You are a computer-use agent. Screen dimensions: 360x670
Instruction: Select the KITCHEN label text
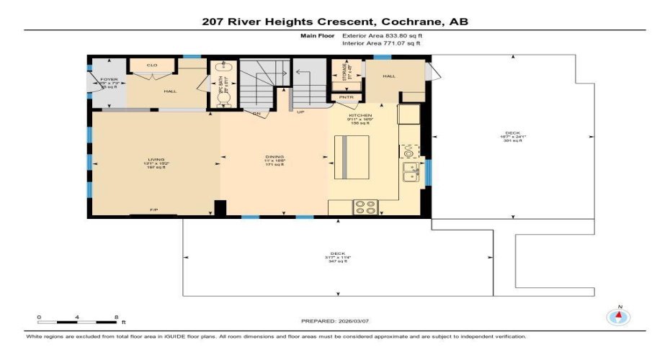coord(360,115)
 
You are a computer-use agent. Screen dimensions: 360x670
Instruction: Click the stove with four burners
coord(365,207)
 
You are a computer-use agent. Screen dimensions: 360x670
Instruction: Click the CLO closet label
coord(151,66)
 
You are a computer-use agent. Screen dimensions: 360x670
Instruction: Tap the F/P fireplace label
coord(153,210)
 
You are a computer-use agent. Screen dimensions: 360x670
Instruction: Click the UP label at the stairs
coord(300,113)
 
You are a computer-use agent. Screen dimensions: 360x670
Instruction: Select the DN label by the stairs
coord(256,113)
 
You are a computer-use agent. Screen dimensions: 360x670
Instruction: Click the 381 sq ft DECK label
coord(512,137)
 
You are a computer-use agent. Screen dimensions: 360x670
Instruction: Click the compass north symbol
coord(616,317)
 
